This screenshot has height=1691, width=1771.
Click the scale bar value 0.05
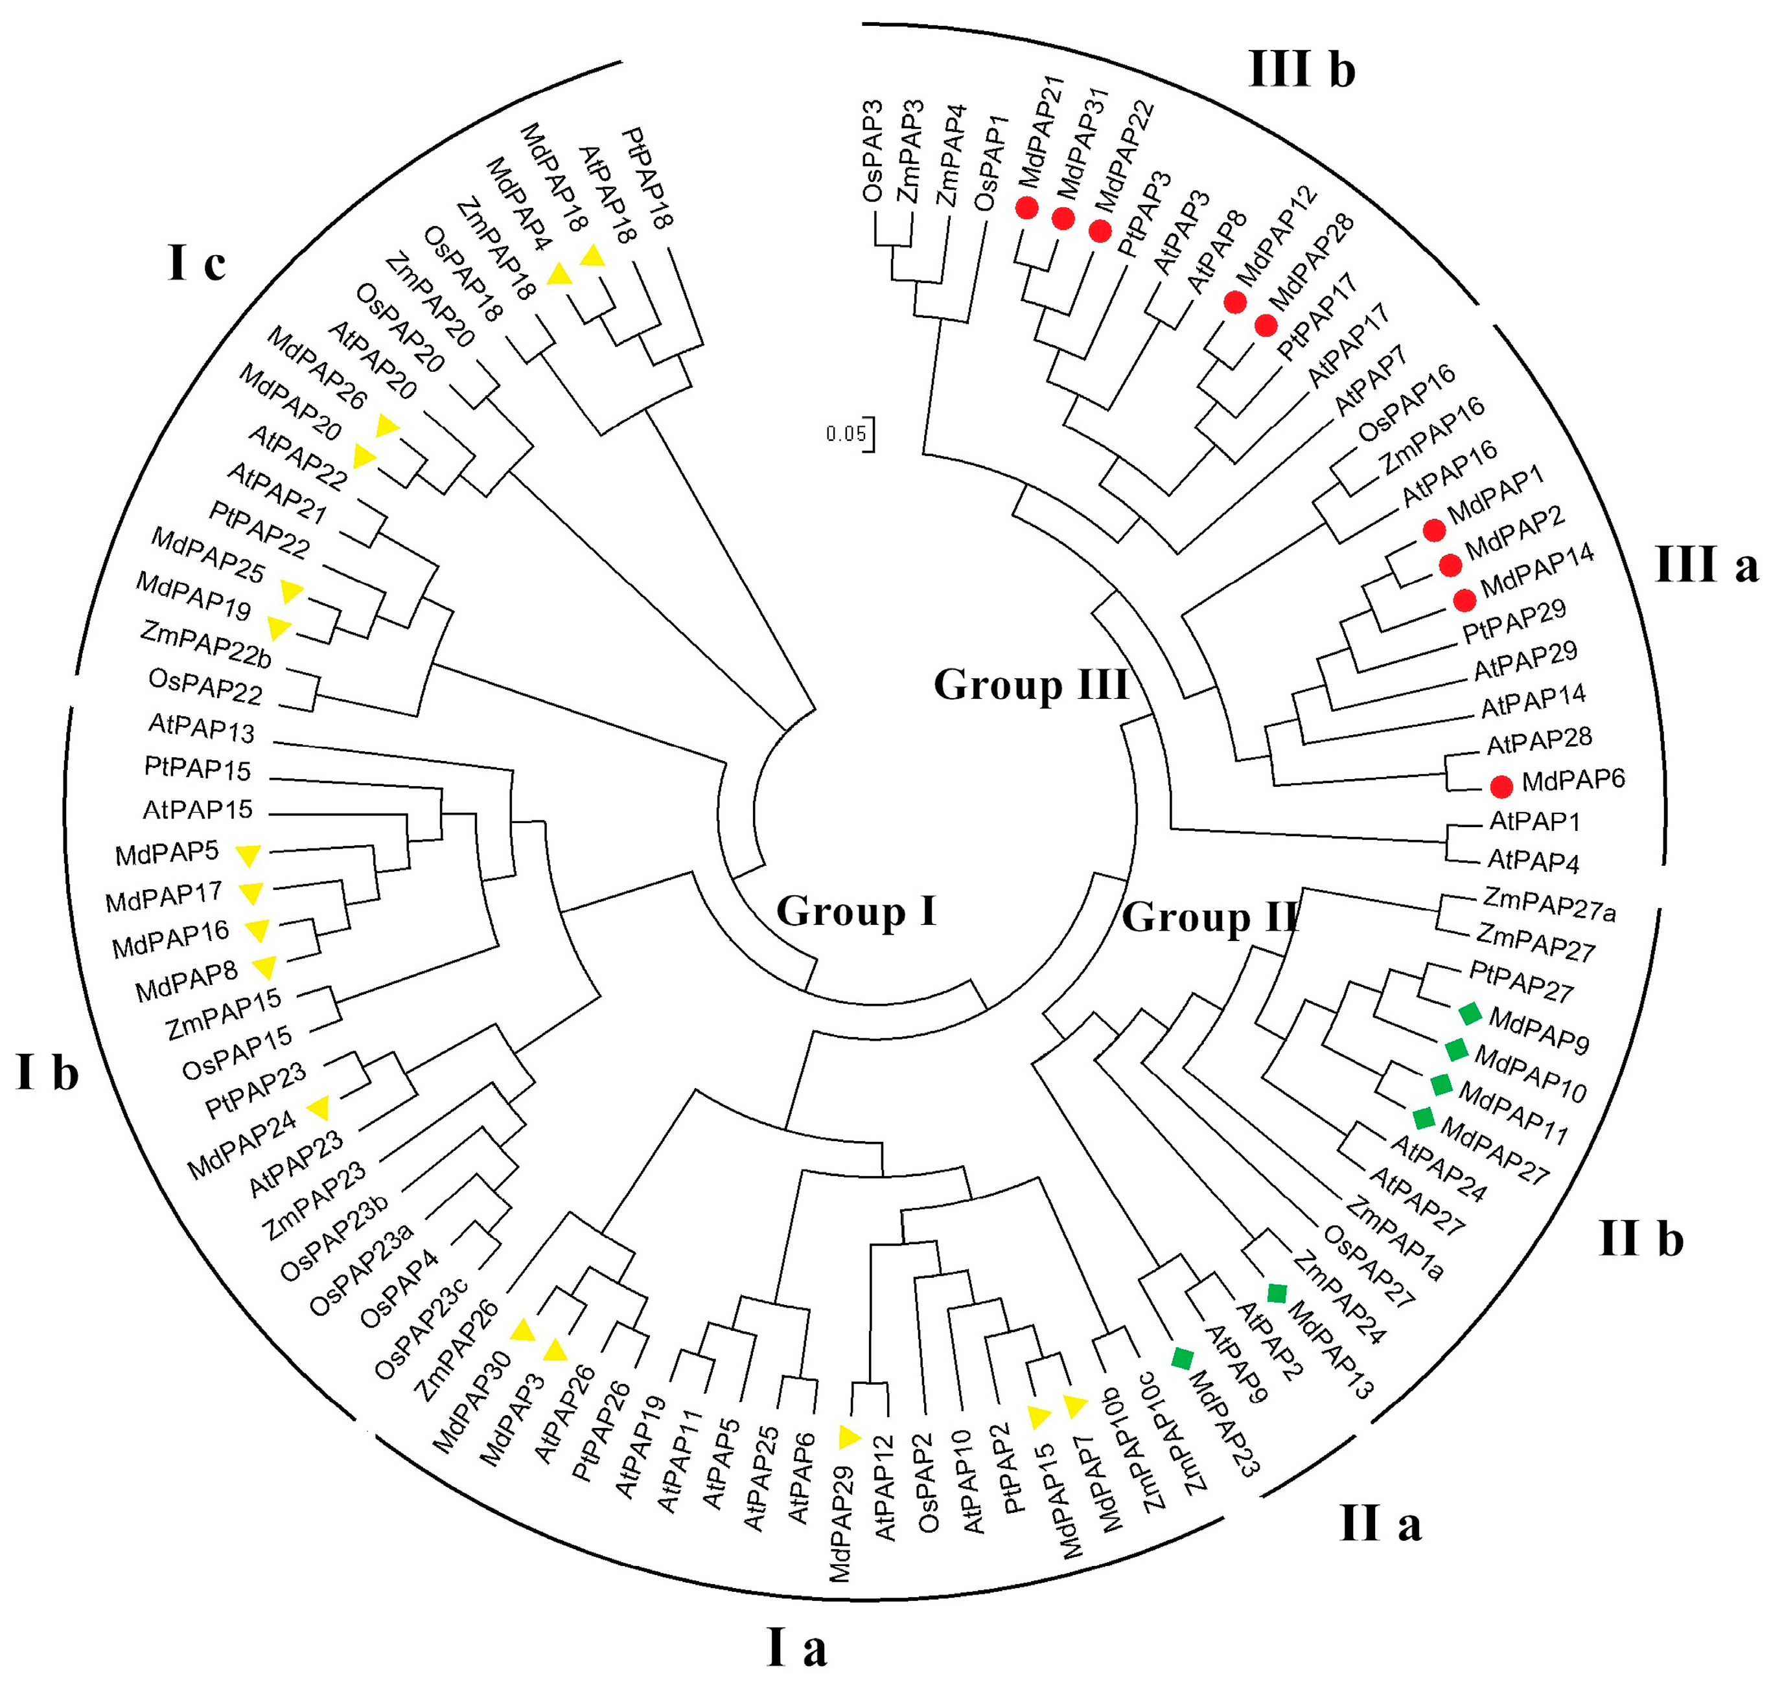[845, 435]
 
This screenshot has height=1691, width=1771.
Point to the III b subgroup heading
[1301, 69]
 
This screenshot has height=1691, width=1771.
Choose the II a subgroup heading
[1380, 1523]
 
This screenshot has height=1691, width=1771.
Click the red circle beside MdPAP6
[1501, 786]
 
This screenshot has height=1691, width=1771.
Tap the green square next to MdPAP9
[1470, 1013]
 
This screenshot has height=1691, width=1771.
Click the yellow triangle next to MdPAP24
[318, 1108]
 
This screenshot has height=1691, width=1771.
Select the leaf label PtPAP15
[198, 769]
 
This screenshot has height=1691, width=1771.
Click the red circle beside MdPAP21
[1026, 209]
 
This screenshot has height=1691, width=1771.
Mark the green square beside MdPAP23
[1182, 1358]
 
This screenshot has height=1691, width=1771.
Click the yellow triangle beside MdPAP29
[848, 1437]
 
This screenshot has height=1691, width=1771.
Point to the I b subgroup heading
[47, 1072]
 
